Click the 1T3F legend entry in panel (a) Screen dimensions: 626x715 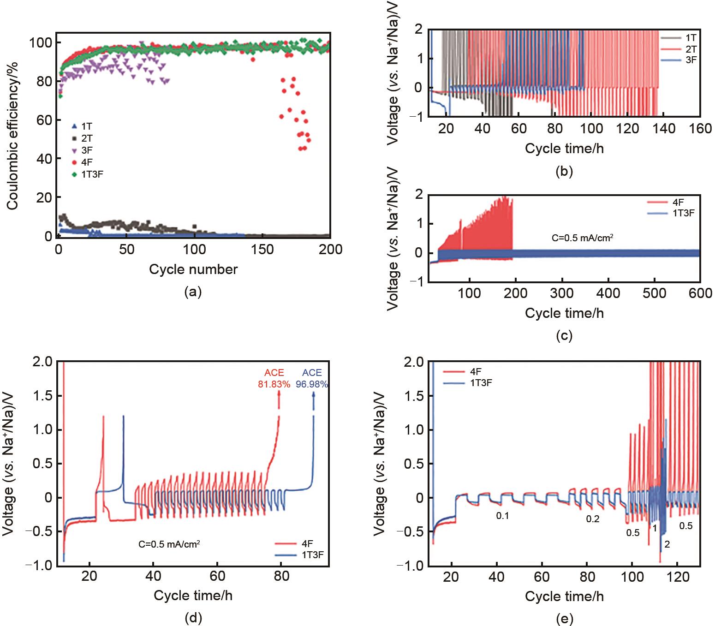click(x=92, y=174)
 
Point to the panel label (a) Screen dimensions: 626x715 click(x=193, y=292)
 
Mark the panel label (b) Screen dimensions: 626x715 click(x=564, y=171)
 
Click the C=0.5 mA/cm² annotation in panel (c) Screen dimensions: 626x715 click(x=582, y=238)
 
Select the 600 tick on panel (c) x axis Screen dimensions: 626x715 click(x=700, y=293)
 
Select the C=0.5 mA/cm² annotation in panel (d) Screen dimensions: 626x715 click(x=169, y=544)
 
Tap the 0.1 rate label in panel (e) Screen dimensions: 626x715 click(x=502, y=516)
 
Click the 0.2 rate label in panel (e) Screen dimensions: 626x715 click(x=593, y=519)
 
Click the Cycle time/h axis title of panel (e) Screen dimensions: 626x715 click(x=564, y=596)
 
